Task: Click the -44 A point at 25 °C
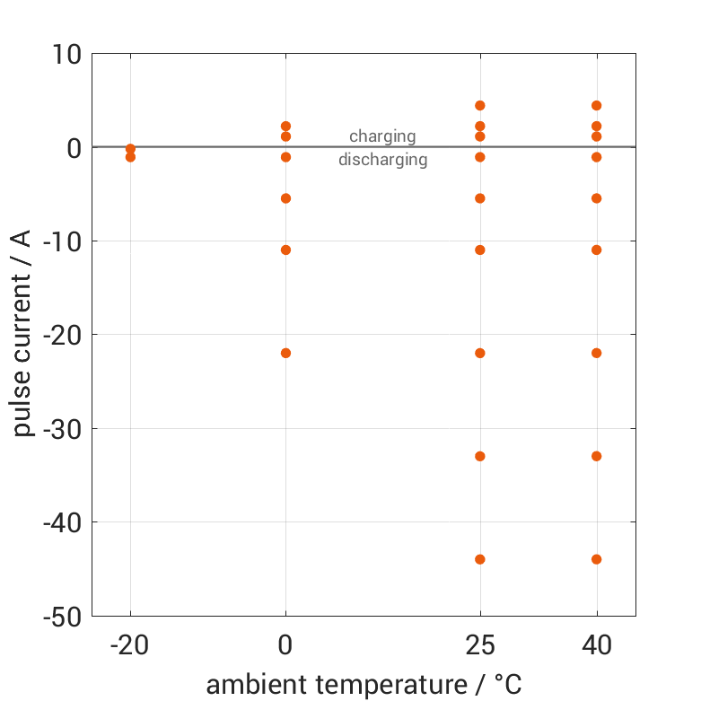click(480, 559)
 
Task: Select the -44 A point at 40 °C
click(596, 559)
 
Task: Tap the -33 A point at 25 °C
click(480, 456)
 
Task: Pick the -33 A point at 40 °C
click(596, 456)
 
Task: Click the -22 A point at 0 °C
click(285, 353)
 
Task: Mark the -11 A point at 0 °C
click(285, 250)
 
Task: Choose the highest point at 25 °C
click(480, 106)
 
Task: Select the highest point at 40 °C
click(596, 106)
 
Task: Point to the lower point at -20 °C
click(130, 157)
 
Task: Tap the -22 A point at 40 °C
click(596, 353)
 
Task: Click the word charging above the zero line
click(382, 136)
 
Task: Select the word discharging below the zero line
click(382, 161)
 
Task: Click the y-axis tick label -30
click(62, 428)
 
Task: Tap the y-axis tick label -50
click(62, 616)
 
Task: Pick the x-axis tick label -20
click(130, 645)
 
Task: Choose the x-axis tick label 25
click(480, 645)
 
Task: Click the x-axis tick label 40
click(596, 645)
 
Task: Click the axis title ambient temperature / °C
click(364, 685)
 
